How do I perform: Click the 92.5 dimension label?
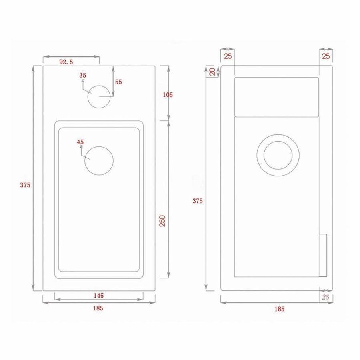[x=66, y=62]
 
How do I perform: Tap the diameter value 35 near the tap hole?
[x=83, y=75]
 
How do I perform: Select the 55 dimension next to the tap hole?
[x=118, y=82]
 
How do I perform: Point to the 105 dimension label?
[x=168, y=95]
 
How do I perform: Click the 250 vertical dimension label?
[x=163, y=221]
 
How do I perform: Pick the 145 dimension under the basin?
[x=98, y=296]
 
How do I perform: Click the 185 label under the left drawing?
[x=98, y=308]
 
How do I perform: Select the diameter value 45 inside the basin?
[x=80, y=142]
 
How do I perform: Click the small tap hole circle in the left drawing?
[x=98, y=97]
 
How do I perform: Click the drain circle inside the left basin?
[x=99, y=160]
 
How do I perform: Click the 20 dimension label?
[x=212, y=72]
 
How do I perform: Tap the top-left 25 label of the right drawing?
[x=228, y=56]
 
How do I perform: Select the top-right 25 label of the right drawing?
[x=326, y=56]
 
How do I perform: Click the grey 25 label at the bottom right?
[x=325, y=297]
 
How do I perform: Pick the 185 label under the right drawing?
[x=279, y=309]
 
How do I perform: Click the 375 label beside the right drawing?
[x=197, y=201]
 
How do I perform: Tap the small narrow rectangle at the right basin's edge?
[x=323, y=255]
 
